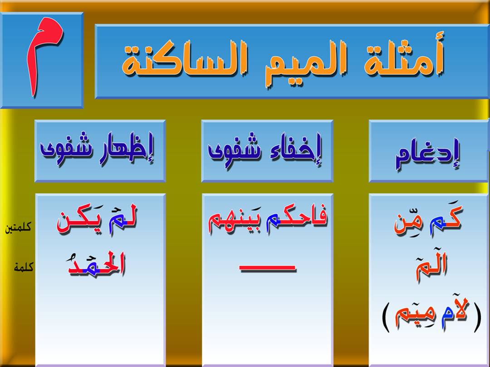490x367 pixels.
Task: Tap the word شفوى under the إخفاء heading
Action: [235, 150]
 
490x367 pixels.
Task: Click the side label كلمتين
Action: [18, 227]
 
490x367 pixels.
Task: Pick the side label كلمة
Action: [24, 267]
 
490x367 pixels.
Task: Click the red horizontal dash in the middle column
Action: [268, 268]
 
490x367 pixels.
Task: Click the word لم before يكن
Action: [122, 218]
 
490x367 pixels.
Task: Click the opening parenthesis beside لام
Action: [477, 317]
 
